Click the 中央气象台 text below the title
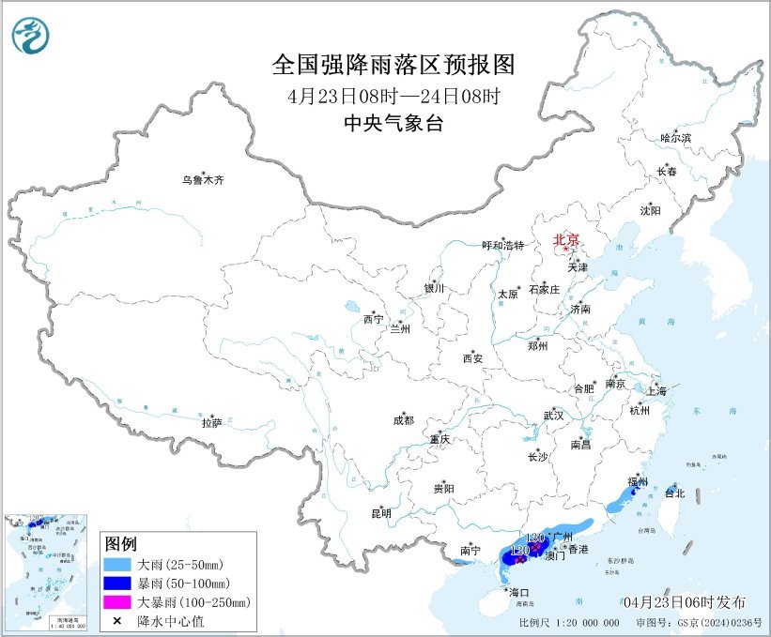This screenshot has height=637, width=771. (x=393, y=123)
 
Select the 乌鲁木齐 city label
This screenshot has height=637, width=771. (x=204, y=180)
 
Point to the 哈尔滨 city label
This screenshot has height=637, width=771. (x=675, y=138)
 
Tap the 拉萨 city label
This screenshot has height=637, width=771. (x=211, y=423)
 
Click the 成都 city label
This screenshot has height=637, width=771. (x=403, y=420)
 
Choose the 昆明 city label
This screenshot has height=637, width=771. (x=380, y=513)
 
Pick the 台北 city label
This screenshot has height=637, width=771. (x=674, y=493)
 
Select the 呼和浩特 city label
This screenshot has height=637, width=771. (x=502, y=245)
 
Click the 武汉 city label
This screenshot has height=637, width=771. (x=554, y=415)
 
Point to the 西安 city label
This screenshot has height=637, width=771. (x=472, y=358)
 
